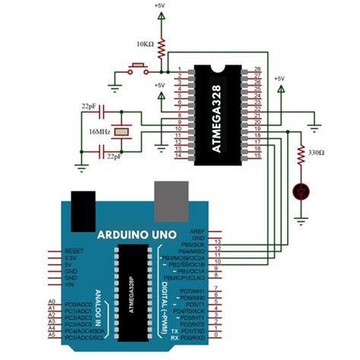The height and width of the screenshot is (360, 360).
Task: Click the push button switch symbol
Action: pyautogui.click(x=137, y=72)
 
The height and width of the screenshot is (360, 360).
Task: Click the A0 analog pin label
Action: pyautogui.click(x=52, y=302)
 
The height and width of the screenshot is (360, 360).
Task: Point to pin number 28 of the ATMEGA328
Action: pyautogui.click(x=256, y=69)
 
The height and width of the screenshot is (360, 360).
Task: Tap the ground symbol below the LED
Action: pyautogui.click(x=302, y=217)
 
